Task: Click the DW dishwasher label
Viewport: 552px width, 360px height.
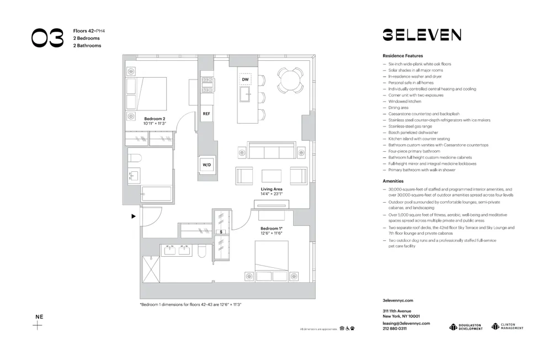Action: pos(245,80)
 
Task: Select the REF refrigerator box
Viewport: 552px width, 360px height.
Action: pos(206,114)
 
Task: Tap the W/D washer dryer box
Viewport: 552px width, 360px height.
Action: pos(206,165)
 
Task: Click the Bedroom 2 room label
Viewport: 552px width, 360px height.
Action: pos(155,121)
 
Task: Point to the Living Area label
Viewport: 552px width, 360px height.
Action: pos(272,192)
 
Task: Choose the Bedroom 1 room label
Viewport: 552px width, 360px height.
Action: pos(271,231)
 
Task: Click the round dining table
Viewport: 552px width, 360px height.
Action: pos(289,81)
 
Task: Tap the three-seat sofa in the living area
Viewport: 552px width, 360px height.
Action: pos(271,151)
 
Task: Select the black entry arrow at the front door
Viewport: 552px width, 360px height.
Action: pos(133,216)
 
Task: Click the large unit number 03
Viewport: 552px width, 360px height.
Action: pos(47,38)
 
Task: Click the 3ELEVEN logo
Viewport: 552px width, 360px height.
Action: pos(422,35)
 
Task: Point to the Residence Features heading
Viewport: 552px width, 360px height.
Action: pos(402,56)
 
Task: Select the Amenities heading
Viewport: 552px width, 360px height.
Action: pos(393,181)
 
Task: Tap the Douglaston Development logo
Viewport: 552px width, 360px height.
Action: pos(466,327)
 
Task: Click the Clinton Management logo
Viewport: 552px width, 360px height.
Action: pos(507,327)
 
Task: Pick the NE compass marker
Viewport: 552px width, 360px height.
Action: pos(38,321)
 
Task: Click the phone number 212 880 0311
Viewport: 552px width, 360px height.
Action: pos(395,329)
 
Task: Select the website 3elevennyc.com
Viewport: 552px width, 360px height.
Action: pos(397,300)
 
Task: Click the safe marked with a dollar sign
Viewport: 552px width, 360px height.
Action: pos(221,232)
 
